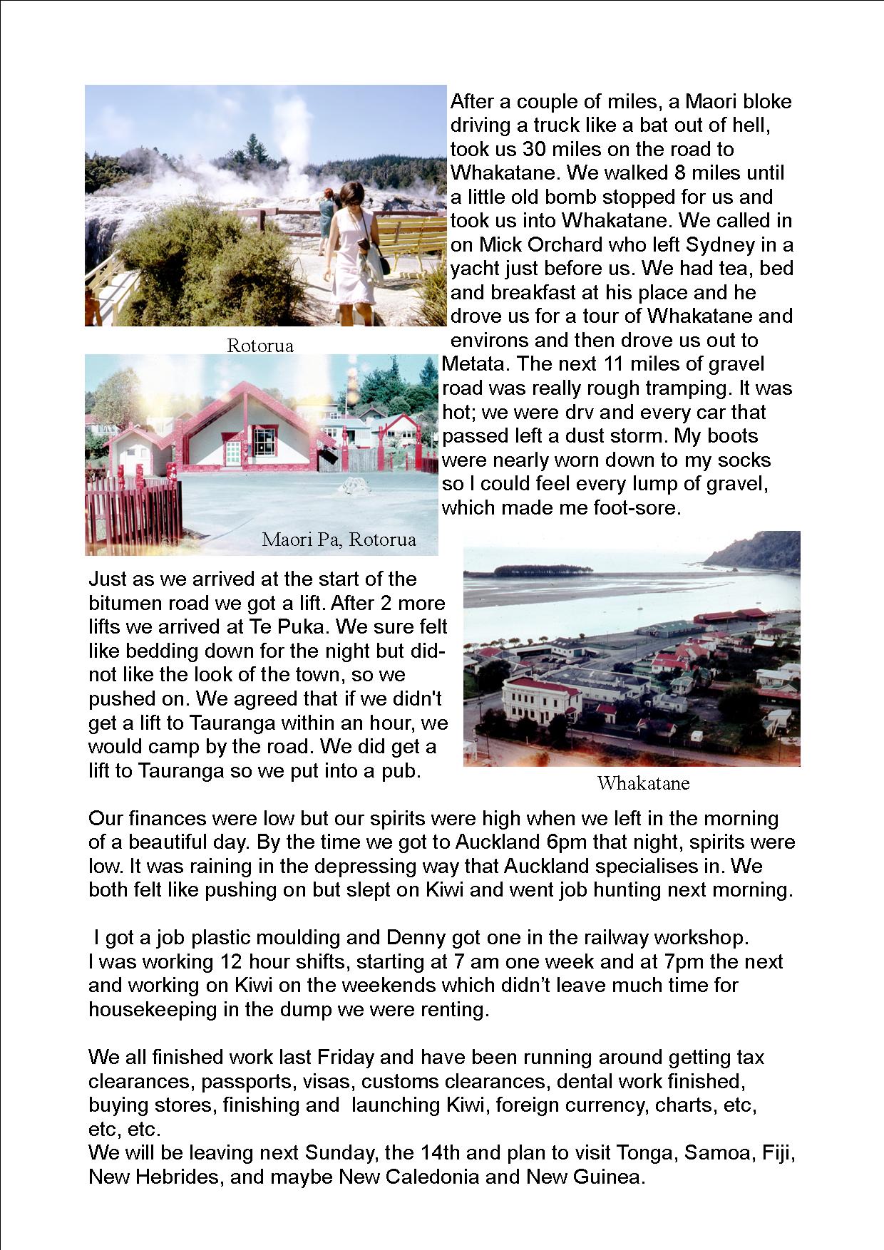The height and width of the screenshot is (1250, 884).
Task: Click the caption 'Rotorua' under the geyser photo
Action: (x=260, y=346)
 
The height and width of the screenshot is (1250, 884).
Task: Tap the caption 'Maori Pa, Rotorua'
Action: (x=339, y=539)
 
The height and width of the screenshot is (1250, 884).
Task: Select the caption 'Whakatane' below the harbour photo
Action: (x=643, y=783)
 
